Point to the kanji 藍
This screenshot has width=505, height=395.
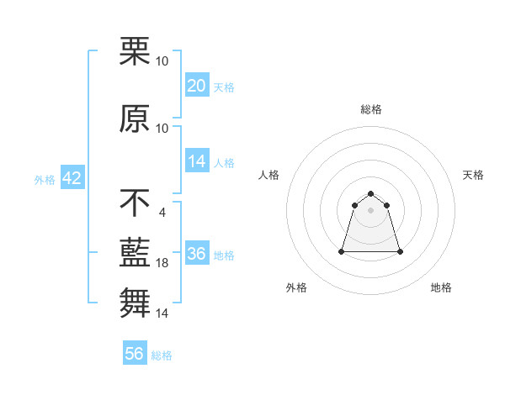coord(135,252)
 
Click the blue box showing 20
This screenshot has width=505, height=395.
coord(197,86)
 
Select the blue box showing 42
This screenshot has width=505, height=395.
coord(72,178)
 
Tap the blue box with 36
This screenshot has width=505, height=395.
coord(197,255)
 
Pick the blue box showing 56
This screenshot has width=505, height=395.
coord(135,354)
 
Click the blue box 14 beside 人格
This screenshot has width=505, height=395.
coord(197,161)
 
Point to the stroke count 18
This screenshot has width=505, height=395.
coord(162,263)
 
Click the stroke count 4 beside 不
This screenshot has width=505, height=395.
coord(162,212)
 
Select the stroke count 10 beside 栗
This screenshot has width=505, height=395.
coord(162,61)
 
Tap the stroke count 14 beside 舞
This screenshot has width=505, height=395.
coord(162,313)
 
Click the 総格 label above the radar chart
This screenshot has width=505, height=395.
coord(371,109)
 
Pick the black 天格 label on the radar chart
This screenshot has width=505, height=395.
coord(474,175)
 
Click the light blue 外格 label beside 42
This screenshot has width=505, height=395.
coord(45,179)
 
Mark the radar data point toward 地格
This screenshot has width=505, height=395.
coord(400,251)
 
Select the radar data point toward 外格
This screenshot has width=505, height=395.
coord(343,251)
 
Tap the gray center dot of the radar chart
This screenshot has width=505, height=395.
coord(371,210)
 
